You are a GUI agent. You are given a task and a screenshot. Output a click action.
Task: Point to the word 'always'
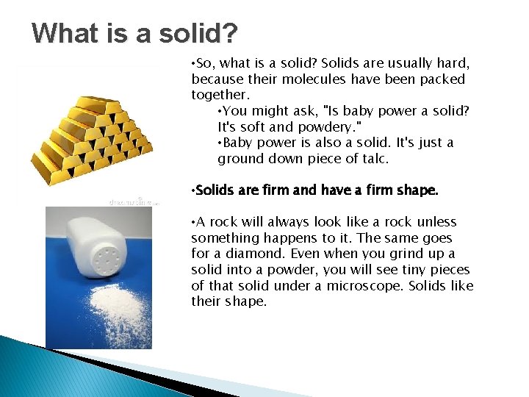point(278,222)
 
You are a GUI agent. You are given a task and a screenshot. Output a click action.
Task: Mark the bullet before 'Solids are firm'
point(192,190)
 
